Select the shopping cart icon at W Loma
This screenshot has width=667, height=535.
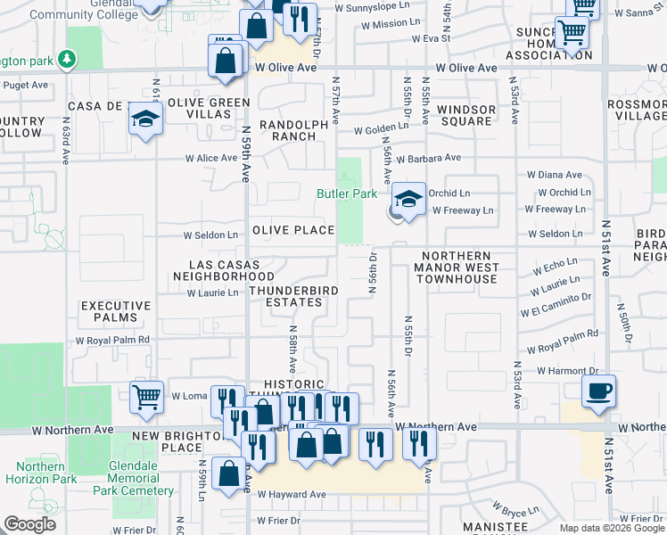[146, 397]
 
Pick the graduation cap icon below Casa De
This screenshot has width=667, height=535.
[145, 119]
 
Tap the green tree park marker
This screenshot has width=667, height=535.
[66, 59]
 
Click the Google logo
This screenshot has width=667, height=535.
[29, 524]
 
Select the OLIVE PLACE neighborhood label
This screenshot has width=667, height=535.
[292, 230]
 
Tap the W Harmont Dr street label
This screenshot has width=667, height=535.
[564, 370]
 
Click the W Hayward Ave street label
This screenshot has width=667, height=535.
[292, 494]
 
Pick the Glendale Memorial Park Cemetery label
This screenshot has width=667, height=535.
[127, 479]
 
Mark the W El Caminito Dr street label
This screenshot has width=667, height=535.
[556, 303]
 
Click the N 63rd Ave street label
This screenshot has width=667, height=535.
[67, 137]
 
